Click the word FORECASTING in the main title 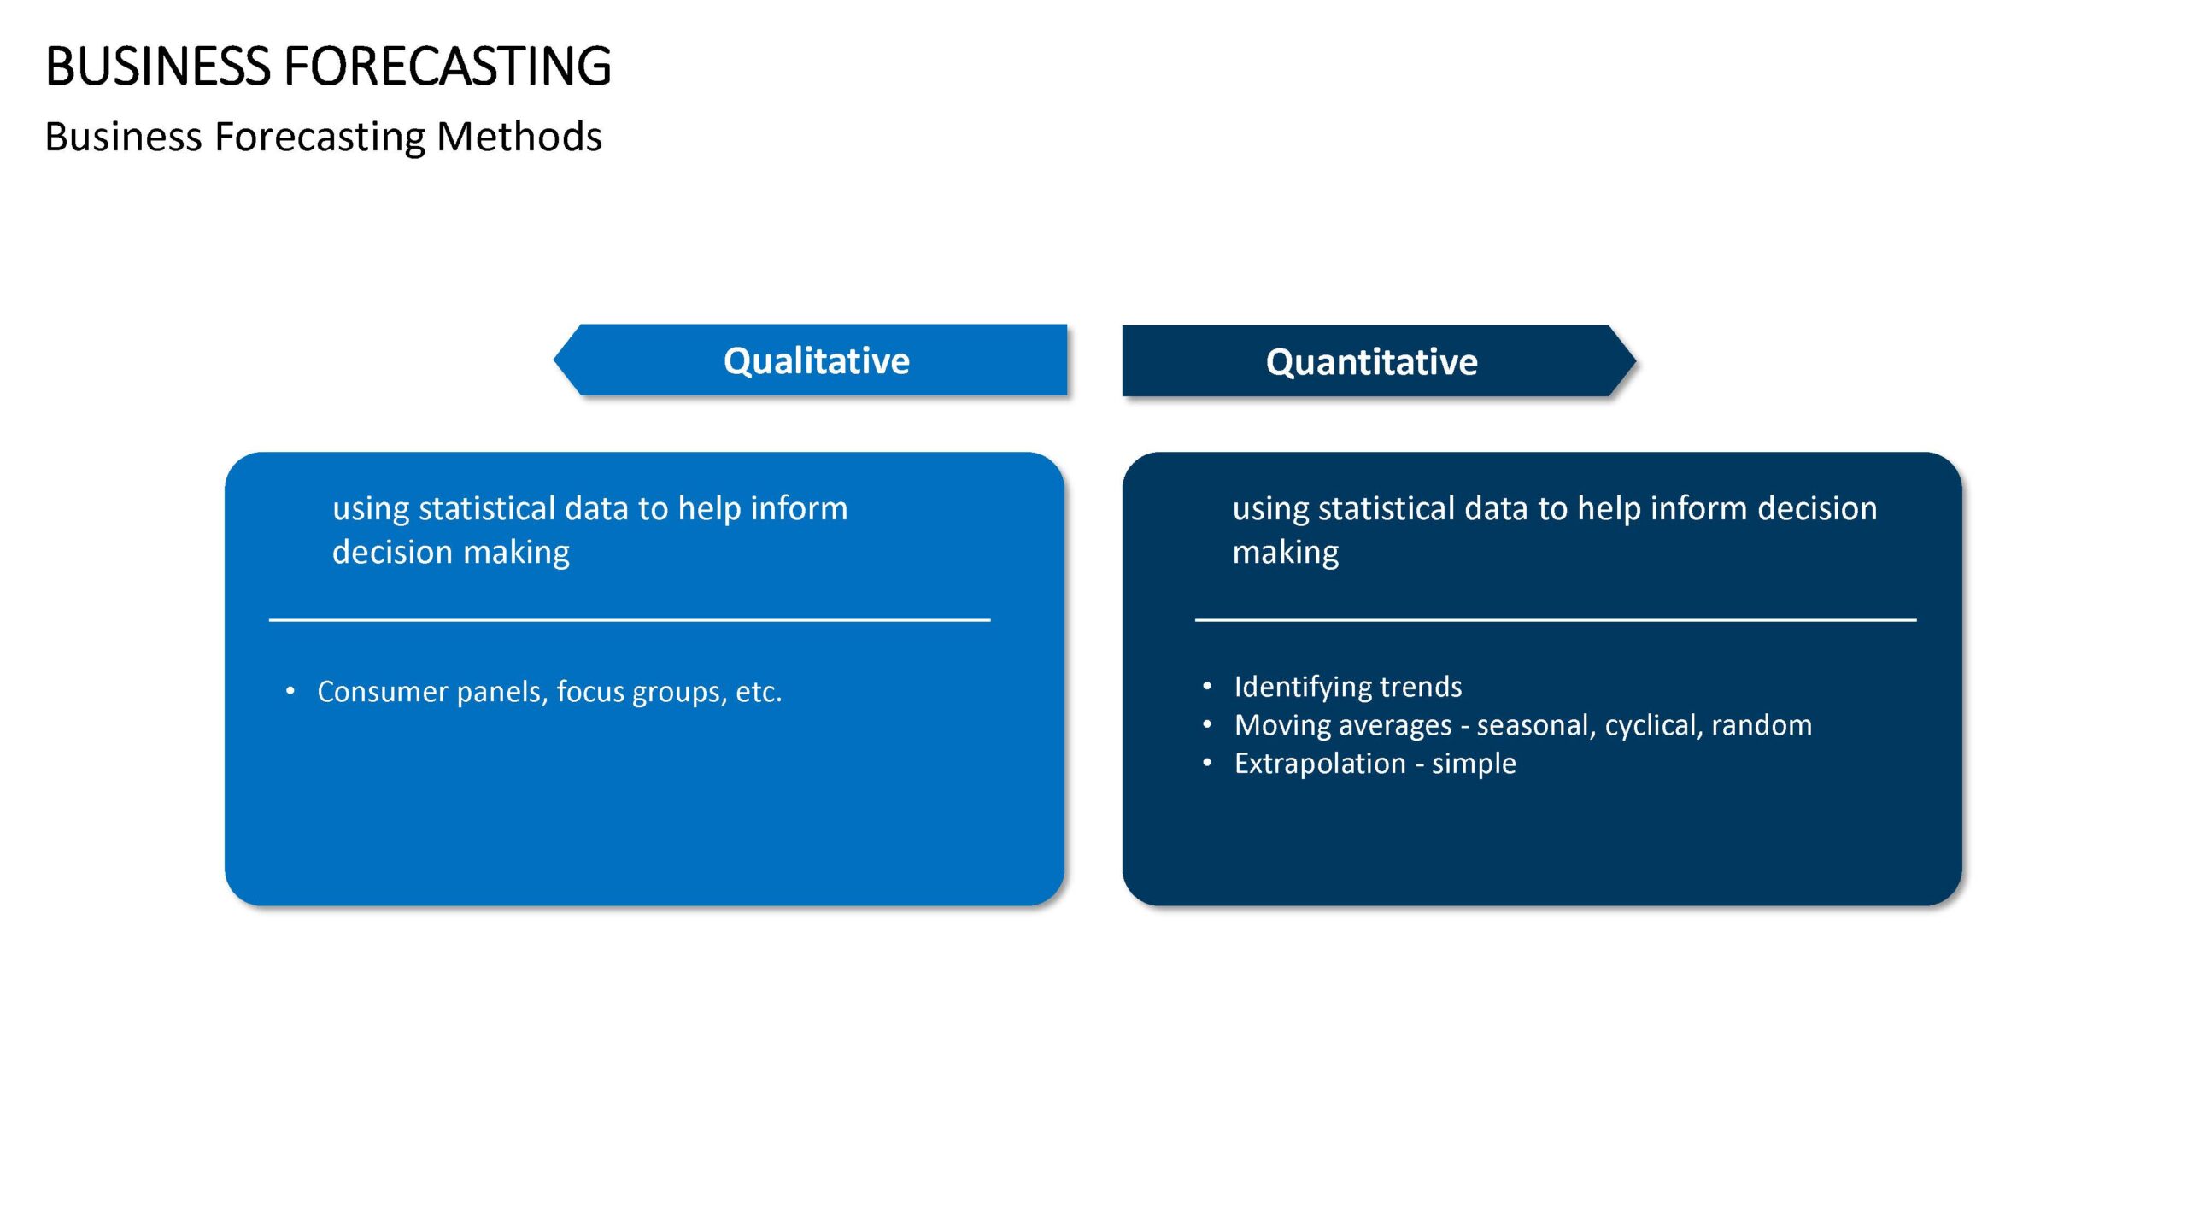click(448, 66)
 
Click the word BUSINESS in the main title click(158, 66)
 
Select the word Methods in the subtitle click(519, 137)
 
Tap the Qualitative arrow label click(817, 360)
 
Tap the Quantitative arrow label click(1372, 362)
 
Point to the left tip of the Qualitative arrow click(554, 360)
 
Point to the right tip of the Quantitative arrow click(1636, 361)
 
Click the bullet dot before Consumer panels click(290, 690)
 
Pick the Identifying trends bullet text click(1348, 687)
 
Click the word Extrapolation click(1320, 764)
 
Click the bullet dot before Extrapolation click(1207, 763)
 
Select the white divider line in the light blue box click(630, 619)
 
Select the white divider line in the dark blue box click(1556, 619)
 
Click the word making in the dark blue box click(1286, 553)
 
